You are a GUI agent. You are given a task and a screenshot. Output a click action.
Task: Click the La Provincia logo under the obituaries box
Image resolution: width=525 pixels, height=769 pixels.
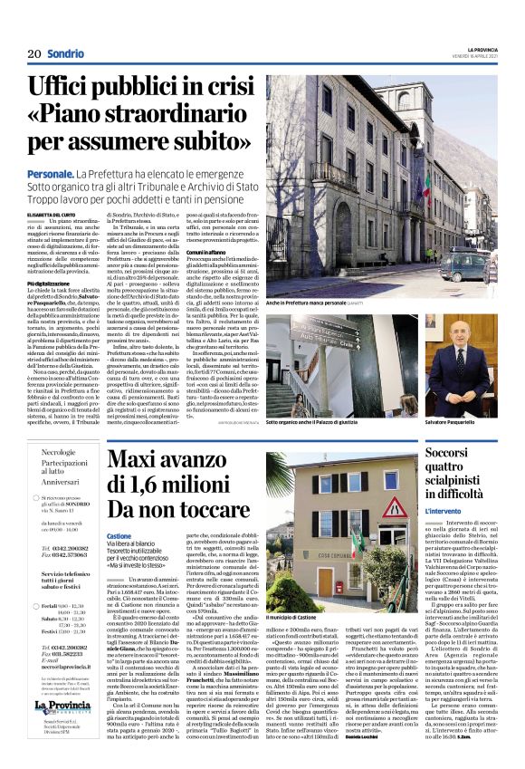(x=63, y=706)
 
